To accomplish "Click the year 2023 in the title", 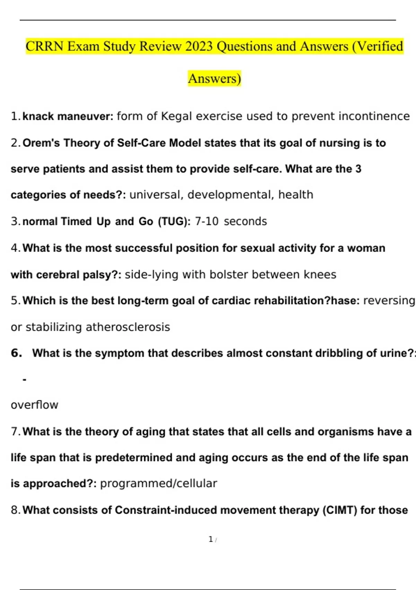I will [199, 47].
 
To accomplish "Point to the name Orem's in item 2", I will [41, 143].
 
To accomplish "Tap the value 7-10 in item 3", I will [207, 221].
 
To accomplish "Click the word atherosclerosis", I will [128, 327].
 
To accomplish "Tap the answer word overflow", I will [34, 405].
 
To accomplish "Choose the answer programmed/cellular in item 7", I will [158, 483].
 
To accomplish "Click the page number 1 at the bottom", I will [211, 539].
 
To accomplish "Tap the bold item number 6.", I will [17, 353].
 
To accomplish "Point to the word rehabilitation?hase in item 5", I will [306, 301].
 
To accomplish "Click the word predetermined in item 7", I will [133, 458].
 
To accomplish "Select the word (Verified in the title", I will [378, 47].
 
